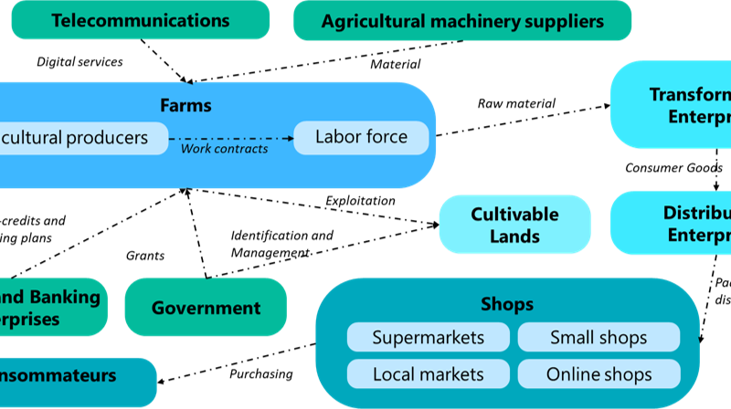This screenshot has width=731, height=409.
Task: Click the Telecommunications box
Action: pyautogui.click(x=140, y=20)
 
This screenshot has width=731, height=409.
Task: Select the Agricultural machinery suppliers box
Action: pyautogui.click(x=461, y=20)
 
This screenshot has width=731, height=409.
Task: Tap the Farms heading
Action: pyautogui.click(x=185, y=105)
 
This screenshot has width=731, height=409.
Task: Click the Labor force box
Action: pyautogui.click(x=361, y=138)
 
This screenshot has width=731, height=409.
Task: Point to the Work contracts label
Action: pyautogui.click(x=224, y=149)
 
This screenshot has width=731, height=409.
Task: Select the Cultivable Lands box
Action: pyautogui.click(x=514, y=225)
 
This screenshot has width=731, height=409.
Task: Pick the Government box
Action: pyautogui.click(x=206, y=308)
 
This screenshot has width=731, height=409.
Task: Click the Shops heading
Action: pyautogui.click(x=506, y=304)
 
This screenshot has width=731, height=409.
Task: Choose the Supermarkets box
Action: pyautogui.click(x=428, y=338)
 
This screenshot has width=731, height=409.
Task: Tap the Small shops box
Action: pyautogui.click(x=599, y=338)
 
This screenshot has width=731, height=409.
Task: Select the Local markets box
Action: pyautogui.click(x=428, y=373)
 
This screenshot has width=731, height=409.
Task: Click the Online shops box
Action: pyautogui.click(x=599, y=373)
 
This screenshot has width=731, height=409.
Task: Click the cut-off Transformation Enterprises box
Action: pyautogui.click(x=676, y=105)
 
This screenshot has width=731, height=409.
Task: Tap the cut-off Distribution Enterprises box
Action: pyautogui.click(x=676, y=224)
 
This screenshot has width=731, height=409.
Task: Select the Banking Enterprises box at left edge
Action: pyautogui.click(x=50, y=308)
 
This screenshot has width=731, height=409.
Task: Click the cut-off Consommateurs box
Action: pyautogui.click(x=73, y=375)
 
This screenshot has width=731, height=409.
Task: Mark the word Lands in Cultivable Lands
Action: pyautogui.click(x=514, y=236)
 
